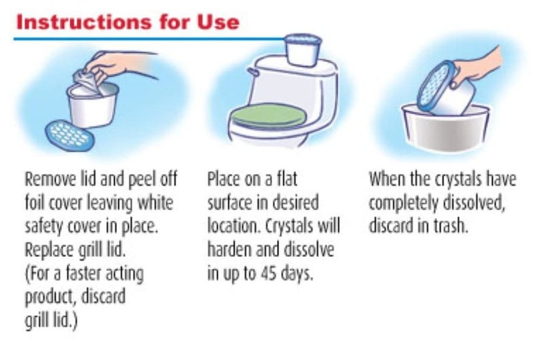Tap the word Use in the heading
point(218,22)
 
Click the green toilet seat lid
point(269,115)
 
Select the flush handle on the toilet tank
point(252,72)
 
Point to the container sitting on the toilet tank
point(303,50)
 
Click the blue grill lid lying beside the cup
point(70,135)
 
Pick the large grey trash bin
point(446,128)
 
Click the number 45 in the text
point(269,273)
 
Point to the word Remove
point(50,179)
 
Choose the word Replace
point(50,250)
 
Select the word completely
point(403,203)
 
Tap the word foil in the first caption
point(35,202)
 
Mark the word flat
point(287,179)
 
